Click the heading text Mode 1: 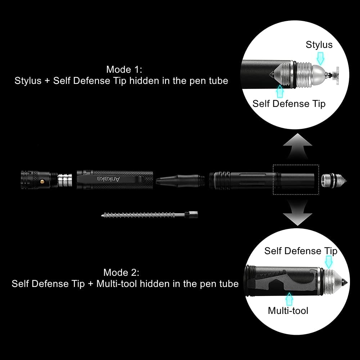tap(124, 69)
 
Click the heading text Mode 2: tap(121, 273)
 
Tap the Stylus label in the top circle tap(319, 45)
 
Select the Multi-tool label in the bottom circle tap(288, 311)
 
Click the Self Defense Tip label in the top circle tap(289, 104)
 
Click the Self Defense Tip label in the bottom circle tap(301, 251)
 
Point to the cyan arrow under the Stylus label tap(320, 58)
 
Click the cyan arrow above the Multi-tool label tap(289, 299)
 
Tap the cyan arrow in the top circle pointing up tap(280, 91)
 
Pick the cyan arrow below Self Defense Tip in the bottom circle tap(329, 262)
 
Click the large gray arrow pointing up tap(298, 146)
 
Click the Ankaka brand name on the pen tap(109, 179)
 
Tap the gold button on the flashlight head tap(42, 181)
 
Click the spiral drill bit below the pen tap(149, 215)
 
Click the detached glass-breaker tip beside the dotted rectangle tap(334, 181)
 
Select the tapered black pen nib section tap(180, 180)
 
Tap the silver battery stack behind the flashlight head tap(65, 180)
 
